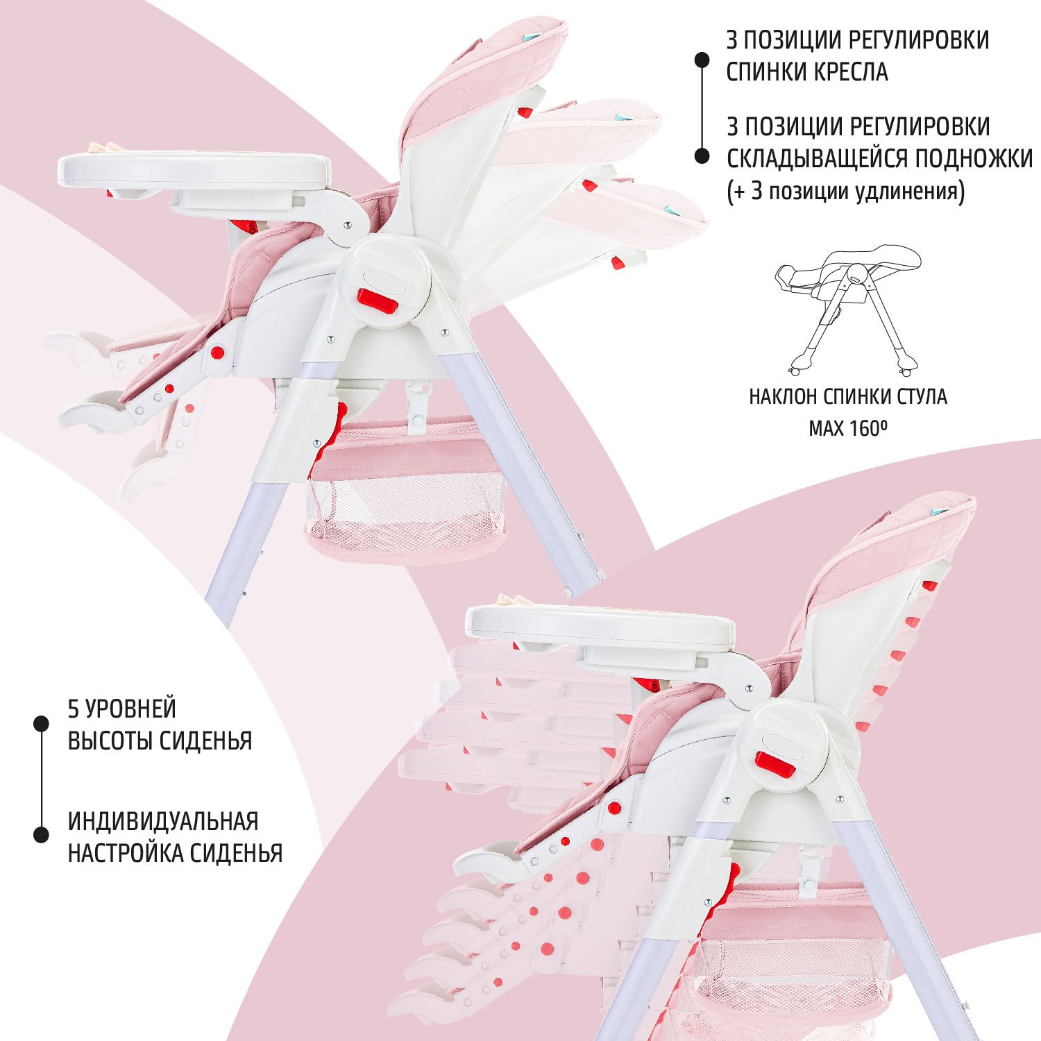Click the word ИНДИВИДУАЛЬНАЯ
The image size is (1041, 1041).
163,821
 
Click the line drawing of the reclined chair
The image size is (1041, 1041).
848,309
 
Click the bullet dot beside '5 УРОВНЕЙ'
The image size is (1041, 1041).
42,723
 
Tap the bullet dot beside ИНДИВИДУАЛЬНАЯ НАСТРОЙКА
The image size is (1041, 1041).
42,834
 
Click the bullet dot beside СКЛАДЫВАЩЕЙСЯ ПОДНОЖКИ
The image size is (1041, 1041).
702,156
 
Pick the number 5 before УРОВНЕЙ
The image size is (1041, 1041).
74,709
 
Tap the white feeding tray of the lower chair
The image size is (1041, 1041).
600,627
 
